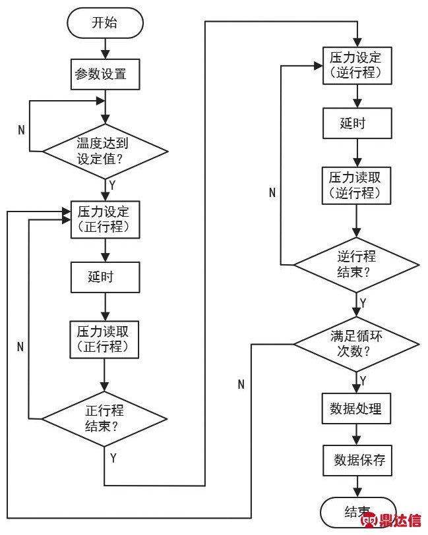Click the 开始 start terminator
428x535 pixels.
[x=104, y=24]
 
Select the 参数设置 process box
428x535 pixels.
[x=105, y=73]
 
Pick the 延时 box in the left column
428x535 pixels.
[x=105, y=277]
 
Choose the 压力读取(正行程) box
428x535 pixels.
[x=105, y=339]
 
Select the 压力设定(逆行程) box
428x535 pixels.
[x=356, y=65]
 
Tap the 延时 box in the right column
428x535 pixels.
[x=356, y=123]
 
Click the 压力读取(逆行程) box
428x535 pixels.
[x=356, y=186]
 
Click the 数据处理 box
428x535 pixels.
[x=356, y=408]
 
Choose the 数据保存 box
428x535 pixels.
[x=356, y=460]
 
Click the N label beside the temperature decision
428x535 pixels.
[x=21, y=130]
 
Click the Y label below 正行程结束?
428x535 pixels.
[x=113, y=457]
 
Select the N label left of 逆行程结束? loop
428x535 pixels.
[x=272, y=192]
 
